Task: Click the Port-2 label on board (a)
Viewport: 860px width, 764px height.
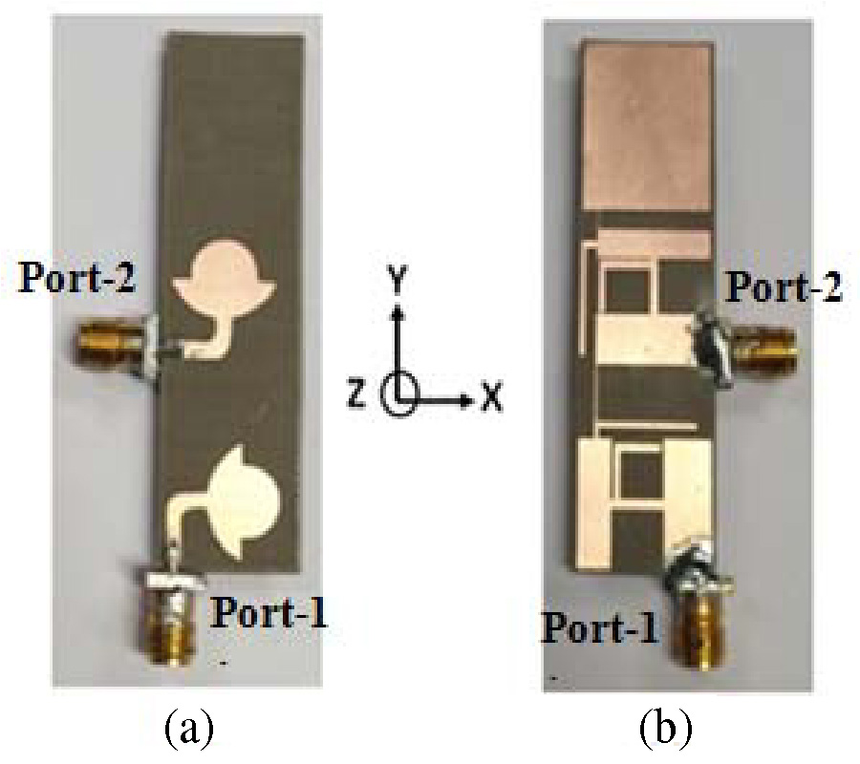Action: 77,281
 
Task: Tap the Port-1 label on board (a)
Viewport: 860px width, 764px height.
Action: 269,612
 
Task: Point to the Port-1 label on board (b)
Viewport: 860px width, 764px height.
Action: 601,627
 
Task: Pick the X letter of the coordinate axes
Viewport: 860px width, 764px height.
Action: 491,396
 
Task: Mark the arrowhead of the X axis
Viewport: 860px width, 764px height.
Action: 468,396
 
